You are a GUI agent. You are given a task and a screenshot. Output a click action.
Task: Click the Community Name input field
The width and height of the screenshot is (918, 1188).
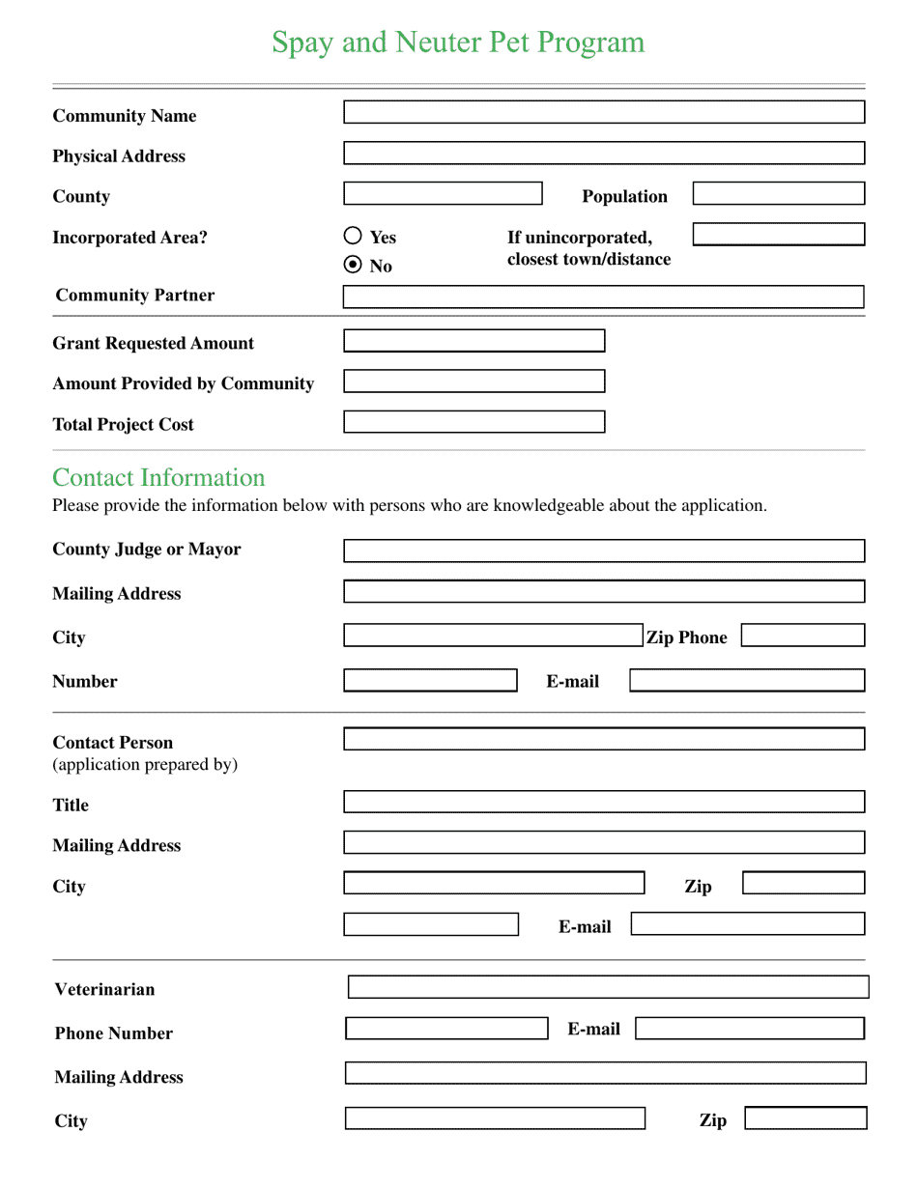tap(604, 112)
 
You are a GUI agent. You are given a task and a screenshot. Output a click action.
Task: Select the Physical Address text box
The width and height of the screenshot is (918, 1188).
tap(604, 153)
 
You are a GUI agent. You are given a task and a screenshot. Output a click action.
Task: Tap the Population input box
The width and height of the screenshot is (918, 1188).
tap(778, 193)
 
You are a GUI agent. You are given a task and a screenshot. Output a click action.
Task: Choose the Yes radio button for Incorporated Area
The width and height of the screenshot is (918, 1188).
tap(353, 235)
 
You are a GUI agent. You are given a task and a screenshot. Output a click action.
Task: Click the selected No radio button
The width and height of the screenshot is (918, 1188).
tap(353, 265)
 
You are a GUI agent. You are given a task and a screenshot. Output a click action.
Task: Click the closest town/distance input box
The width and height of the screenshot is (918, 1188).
tap(778, 234)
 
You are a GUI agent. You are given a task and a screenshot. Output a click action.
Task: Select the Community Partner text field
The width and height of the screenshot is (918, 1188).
tap(604, 297)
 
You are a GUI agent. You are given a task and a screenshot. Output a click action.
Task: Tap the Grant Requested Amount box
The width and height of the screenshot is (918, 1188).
tap(473, 341)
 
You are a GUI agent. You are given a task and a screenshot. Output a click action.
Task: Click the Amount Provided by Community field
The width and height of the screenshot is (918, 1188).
tap(473, 382)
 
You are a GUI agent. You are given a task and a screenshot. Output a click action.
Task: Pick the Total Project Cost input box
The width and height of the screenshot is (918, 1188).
tap(473, 422)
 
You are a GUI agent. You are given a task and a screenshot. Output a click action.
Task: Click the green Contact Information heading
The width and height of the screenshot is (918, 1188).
tap(158, 478)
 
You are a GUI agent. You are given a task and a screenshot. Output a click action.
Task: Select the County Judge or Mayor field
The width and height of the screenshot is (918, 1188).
tap(604, 551)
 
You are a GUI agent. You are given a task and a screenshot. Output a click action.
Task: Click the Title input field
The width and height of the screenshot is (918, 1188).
tap(604, 802)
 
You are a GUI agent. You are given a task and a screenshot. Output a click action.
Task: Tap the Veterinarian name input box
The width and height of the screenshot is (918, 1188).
tap(608, 987)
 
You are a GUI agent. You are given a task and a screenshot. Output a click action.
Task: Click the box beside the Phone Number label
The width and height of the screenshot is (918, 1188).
tap(446, 1029)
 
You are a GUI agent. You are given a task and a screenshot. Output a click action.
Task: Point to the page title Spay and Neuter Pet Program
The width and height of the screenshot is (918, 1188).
tap(458, 42)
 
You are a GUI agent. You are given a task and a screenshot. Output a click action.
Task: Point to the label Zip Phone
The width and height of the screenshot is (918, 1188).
tap(686, 637)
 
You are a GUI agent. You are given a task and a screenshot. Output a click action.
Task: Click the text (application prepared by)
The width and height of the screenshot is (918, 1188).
tap(145, 765)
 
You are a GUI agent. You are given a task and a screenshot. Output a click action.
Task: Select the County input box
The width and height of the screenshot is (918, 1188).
tap(443, 193)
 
